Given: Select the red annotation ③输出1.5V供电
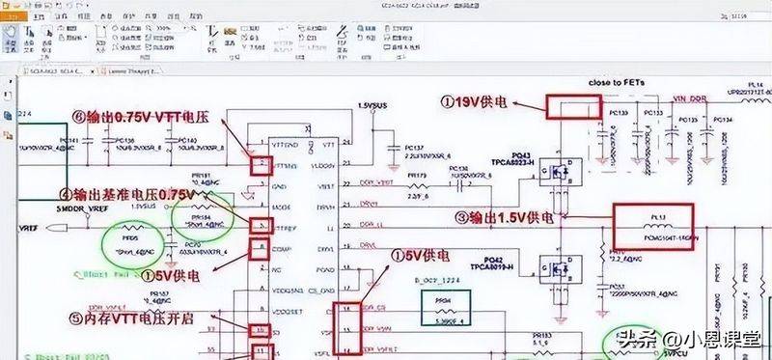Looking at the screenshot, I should (x=509, y=217).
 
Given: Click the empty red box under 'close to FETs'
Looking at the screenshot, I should (x=575, y=106).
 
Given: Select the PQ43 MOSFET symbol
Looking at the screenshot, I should (x=556, y=175).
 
